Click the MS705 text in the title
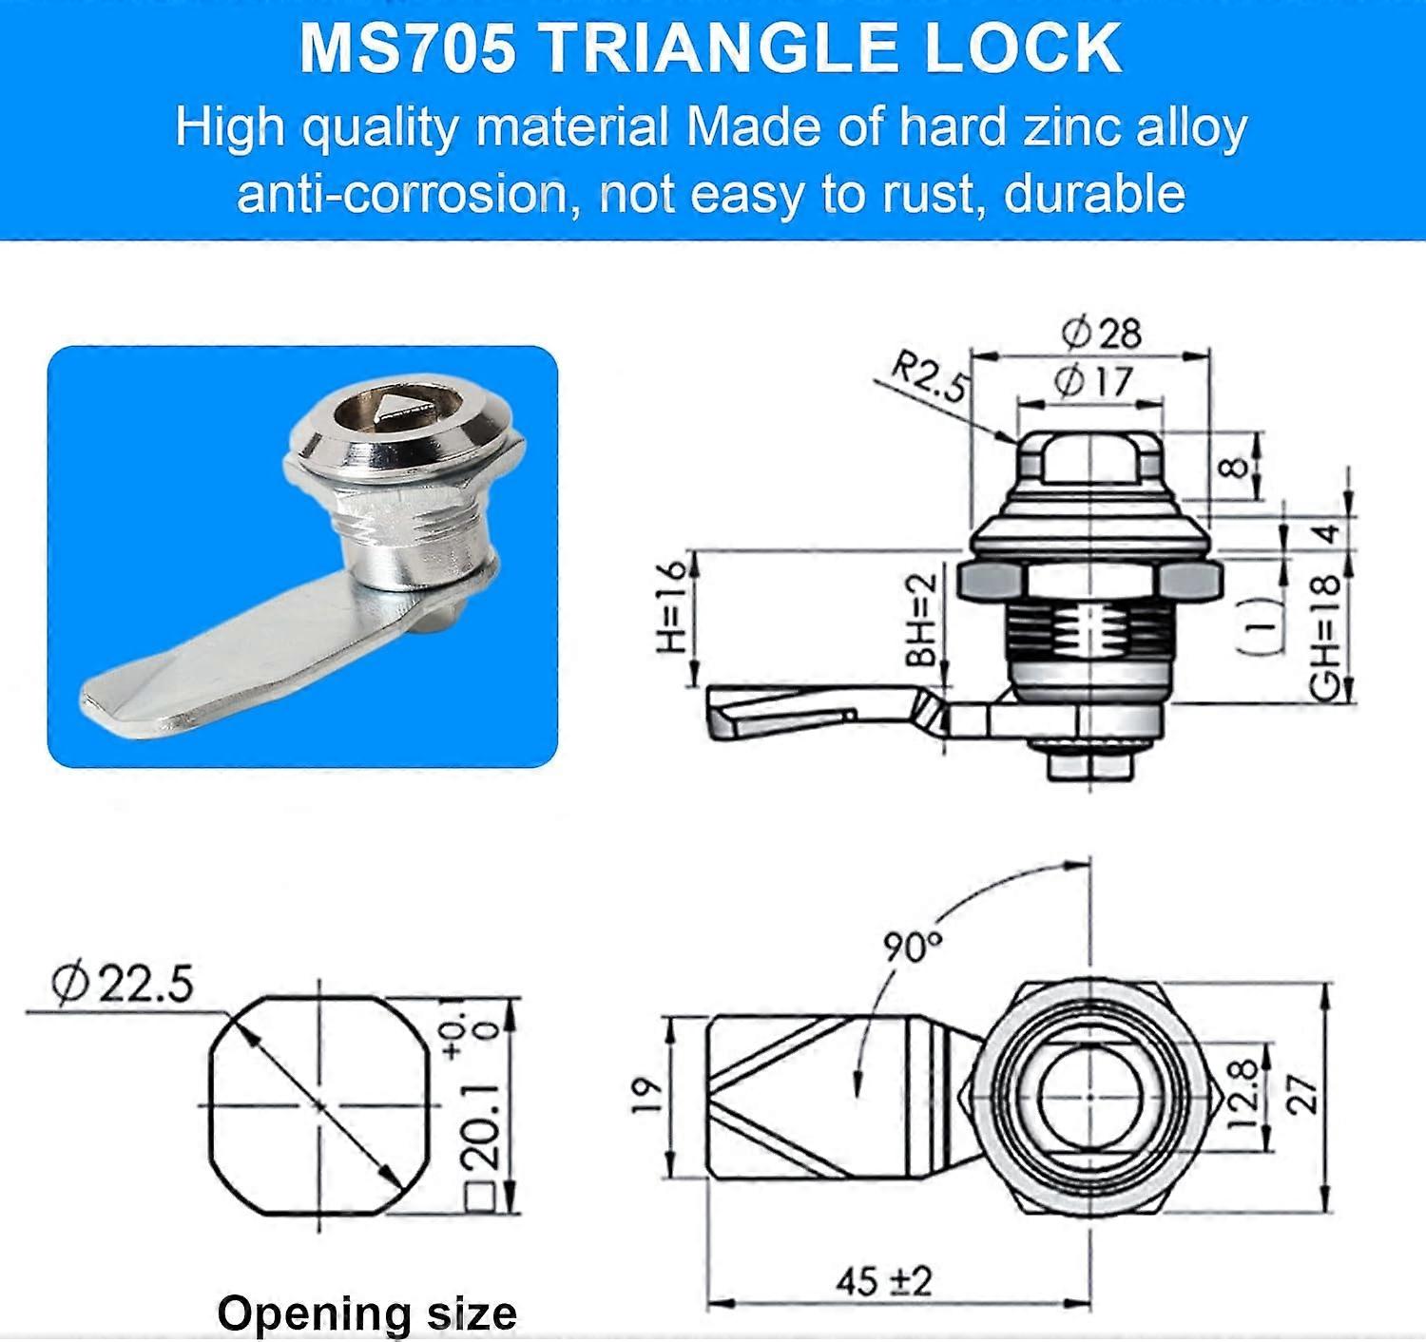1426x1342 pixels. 408,49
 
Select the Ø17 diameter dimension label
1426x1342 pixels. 1093,382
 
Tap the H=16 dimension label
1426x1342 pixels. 671,606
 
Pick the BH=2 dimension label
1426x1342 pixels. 921,620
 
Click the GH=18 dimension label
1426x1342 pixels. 1325,637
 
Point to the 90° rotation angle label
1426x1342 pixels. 912,946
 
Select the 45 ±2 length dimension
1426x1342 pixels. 884,1281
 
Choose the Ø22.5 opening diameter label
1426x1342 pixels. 123,983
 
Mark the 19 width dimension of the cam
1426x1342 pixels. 646,1096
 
